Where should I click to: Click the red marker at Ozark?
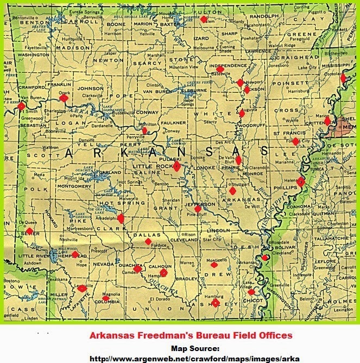point(64,98)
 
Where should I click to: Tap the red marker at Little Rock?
point(176,166)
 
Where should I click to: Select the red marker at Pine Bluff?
point(198,209)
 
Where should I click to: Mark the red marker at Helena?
point(300,182)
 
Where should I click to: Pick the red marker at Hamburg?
point(215,303)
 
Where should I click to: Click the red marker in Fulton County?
point(204,19)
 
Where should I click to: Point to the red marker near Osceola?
point(343,78)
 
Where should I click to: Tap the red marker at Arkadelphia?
point(120,218)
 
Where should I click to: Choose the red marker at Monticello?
point(214,266)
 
